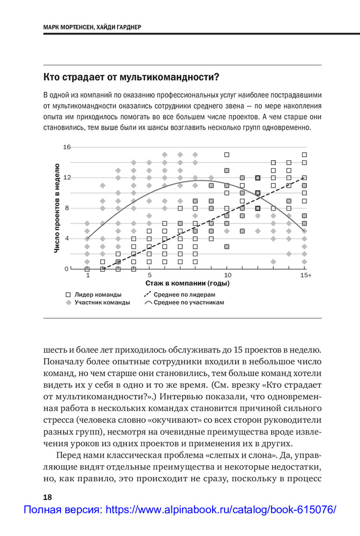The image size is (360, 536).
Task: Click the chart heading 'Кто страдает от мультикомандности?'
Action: point(131,76)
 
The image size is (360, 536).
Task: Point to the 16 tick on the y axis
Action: point(67,147)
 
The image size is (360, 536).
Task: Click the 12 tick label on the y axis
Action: point(67,177)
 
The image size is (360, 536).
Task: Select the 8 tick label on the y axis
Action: point(67,208)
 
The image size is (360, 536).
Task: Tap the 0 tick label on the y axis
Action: point(67,269)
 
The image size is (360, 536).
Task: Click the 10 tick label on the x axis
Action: point(227,275)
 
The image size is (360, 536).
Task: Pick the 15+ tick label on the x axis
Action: point(305,275)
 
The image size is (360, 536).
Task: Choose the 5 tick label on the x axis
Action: point(149,275)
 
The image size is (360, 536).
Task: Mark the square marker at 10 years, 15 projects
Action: point(227,154)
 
